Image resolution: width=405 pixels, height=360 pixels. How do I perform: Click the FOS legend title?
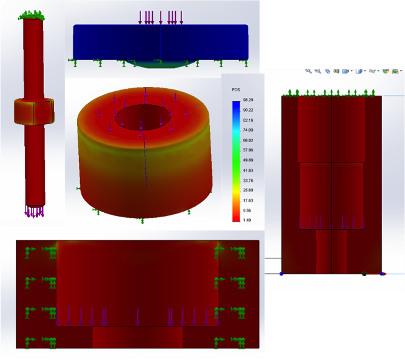(236, 90)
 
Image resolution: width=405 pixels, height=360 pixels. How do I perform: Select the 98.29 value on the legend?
(247, 100)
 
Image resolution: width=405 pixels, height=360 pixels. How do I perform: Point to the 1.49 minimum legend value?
(247, 220)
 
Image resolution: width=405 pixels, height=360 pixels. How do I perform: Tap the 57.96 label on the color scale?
(247, 150)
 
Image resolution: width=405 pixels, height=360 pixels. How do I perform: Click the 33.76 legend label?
(247, 181)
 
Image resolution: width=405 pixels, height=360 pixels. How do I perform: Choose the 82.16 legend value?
(247, 120)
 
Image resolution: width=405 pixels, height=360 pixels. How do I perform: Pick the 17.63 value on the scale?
(247, 200)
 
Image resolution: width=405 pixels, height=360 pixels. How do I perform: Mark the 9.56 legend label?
(247, 210)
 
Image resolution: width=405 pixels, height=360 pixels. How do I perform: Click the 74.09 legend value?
(247, 130)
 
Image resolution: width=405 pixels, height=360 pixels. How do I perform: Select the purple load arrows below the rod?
(34, 212)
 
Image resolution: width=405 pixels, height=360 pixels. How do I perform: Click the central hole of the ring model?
(143, 116)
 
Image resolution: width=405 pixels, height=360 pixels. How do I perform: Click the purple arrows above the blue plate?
(160, 17)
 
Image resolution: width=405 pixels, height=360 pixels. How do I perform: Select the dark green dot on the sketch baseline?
(364, 274)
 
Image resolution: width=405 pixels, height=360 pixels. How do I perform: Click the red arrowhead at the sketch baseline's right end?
(383, 274)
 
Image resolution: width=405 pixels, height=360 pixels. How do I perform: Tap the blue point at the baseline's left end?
(281, 274)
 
